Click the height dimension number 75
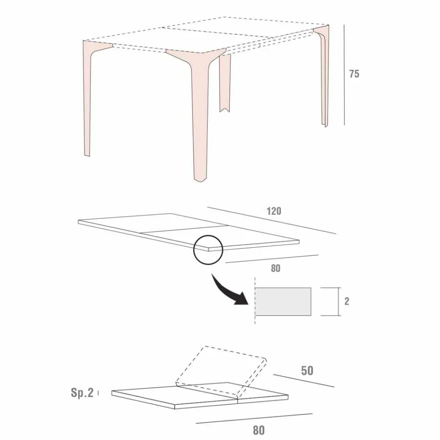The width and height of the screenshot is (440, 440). click(354, 74)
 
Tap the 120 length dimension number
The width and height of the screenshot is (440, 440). click(274, 211)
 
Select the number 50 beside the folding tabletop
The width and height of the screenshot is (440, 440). click(307, 371)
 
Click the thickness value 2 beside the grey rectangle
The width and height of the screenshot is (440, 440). click(347, 301)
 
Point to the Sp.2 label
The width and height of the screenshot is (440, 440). click(82, 393)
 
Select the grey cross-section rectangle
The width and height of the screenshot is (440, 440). click(283, 302)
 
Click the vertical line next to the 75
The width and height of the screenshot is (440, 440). click(344, 74)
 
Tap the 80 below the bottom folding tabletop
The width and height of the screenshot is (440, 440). click(259, 430)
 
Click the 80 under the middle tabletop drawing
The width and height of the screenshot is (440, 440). click(276, 268)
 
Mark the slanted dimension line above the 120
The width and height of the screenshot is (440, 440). click(271, 220)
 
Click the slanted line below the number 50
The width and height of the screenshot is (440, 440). click(303, 380)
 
